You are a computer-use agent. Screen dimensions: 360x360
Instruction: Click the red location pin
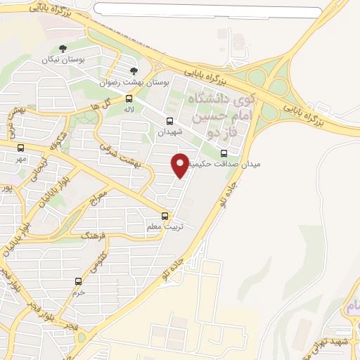pyautogui.click(x=180, y=165)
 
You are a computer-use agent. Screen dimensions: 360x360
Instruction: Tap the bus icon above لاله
pyautogui.click(x=129, y=98)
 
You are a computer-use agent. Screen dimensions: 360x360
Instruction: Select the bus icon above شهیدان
pyautogui.click(x=169, y=121)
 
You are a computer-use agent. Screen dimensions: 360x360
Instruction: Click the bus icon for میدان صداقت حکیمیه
pyautogui.click(x=224, y=153)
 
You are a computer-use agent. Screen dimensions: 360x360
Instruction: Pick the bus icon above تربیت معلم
pyautogui.click(x=165, y=216)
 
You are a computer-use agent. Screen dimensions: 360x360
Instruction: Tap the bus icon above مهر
pyautogui.click(x=20, y=148)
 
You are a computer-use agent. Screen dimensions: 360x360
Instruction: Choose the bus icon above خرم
pyautogui.click(x=79, y=281)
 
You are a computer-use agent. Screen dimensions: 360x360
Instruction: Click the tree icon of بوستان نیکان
pyautogui.click(x=63, y=49)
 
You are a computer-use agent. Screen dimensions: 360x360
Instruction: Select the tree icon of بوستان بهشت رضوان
pyautogui.click(x=134, y=71)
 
